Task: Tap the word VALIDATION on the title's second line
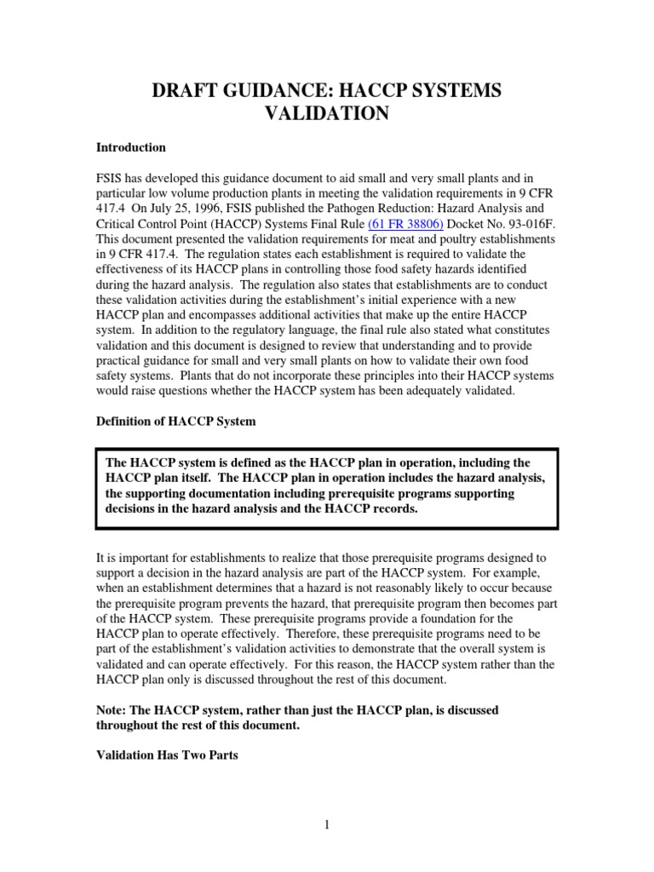[x=326, y=114]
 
